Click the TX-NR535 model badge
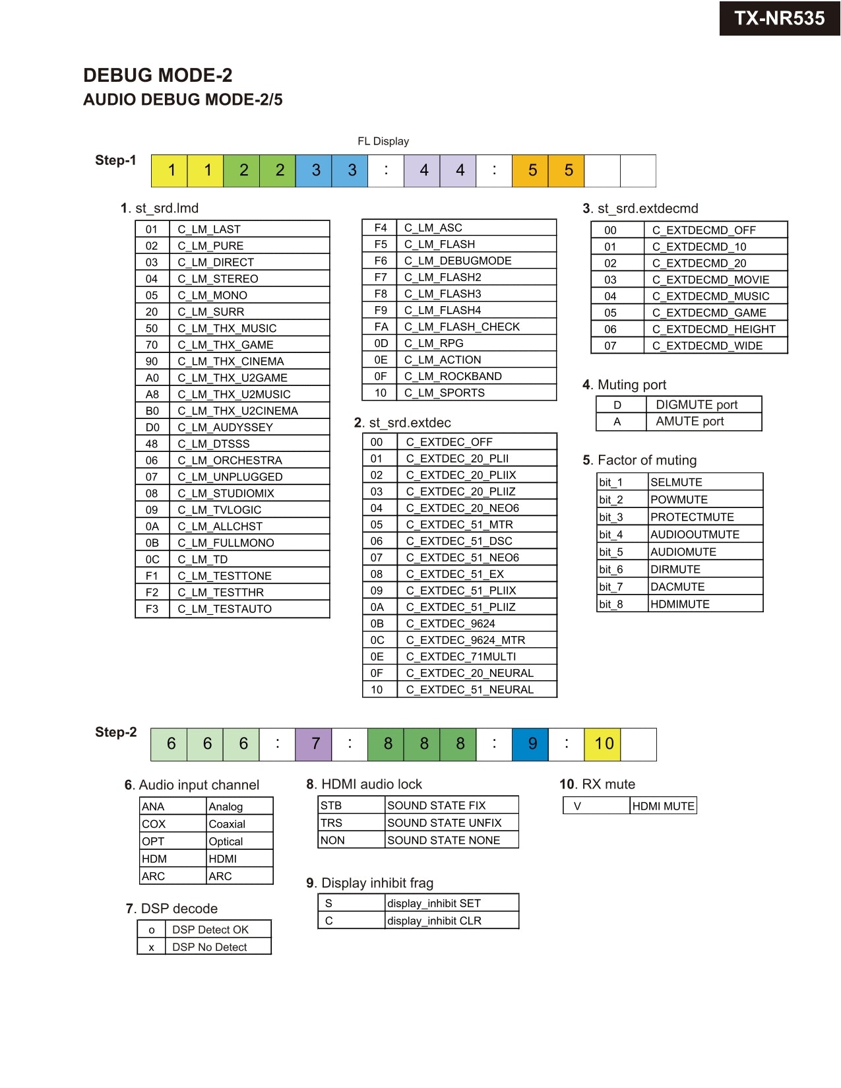(x=779, y=18)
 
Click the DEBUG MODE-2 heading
(x=158, y=75)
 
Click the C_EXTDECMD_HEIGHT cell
(x=714, y=329)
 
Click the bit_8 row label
(x=611, y=604)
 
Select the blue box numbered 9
(x=532, y=744)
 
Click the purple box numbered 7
(x=315, y=744)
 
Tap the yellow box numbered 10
(x=604, y=744)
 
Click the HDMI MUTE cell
(x=663, y=806)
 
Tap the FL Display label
(x=383, y=141)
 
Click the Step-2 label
(x=115, y=732)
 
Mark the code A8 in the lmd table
(x=152, y=395)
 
